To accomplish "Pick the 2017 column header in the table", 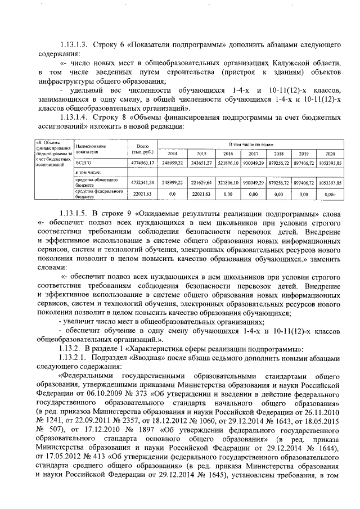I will (x=253, y=154).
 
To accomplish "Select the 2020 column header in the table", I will (x=330, y=154).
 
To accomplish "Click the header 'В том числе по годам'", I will (x=250, y=145).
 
